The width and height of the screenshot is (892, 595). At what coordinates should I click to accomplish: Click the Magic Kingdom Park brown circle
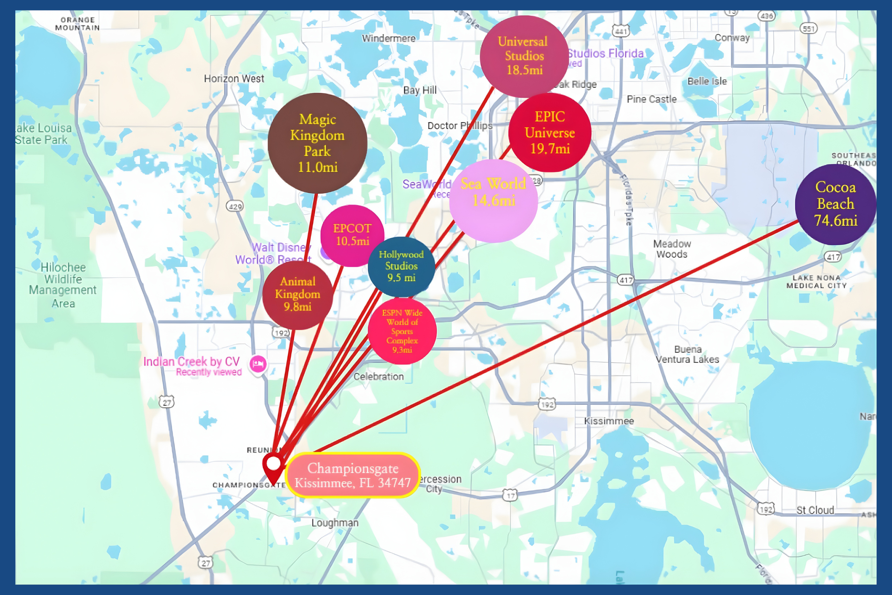(317, 143)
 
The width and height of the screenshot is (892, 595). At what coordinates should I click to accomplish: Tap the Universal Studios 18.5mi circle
(524, 56)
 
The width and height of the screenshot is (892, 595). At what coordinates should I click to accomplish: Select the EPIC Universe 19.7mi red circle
(549, 132)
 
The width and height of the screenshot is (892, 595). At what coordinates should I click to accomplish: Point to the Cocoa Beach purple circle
(836, 204)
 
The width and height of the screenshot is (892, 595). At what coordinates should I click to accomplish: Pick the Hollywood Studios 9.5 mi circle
(401, 266)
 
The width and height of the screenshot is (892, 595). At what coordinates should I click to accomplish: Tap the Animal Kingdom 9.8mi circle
(298, 294)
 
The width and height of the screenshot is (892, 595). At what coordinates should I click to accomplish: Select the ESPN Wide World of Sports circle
(402, 331)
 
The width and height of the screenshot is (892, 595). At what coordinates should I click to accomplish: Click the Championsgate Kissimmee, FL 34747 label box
(353, 475)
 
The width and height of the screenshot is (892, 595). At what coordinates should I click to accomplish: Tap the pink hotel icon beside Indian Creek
(258, 364)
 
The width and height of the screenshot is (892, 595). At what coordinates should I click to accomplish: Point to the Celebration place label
(378, 377)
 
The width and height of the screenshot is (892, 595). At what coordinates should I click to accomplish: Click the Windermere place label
(388, 38)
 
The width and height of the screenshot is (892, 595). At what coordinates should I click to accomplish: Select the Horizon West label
(234, 78)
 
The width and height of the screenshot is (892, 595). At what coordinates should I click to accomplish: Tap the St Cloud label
(815, 510)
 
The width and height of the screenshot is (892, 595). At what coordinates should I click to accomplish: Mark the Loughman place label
(335, 523)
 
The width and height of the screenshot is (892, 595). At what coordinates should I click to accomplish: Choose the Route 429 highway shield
(234, 207)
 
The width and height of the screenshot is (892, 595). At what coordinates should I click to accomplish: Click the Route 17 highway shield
(510, 496)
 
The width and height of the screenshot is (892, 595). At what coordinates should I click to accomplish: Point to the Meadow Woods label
(672, 249)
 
